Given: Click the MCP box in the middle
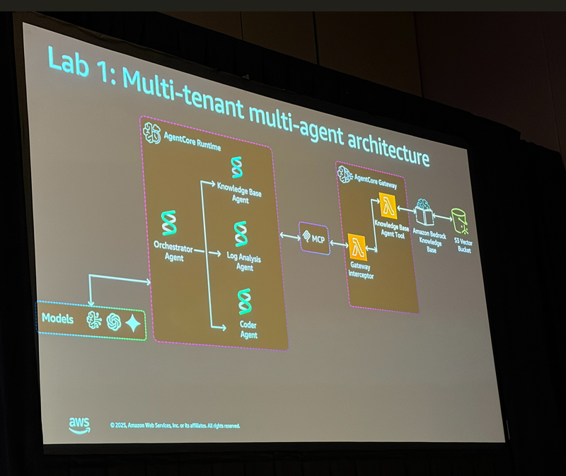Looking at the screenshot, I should tap(315, 238).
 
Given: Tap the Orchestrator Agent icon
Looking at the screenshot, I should tap(168, 223).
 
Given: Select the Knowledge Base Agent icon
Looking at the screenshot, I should tap(236, 168).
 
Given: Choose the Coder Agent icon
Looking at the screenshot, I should tap(245, 301).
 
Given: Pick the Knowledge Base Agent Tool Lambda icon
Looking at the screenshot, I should tap(388, 206).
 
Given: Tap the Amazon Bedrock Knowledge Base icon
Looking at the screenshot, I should tap(424, 213).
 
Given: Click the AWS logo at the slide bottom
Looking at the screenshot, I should tap(79, 424).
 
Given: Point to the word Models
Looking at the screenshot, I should tap(57, 319).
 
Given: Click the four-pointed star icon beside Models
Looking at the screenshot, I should tap(132, 323).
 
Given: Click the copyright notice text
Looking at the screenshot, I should tap(175, 426).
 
